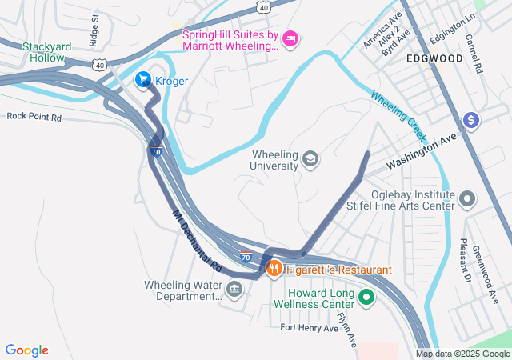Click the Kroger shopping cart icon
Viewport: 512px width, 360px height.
[x=143, y=79]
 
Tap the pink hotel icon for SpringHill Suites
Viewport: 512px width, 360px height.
[x=290, y=38]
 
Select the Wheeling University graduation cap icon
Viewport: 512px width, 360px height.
[x=310, y=160]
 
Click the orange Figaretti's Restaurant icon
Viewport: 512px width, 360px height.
[x=274, y=270]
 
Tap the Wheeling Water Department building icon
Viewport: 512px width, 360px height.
[x=234, y=289]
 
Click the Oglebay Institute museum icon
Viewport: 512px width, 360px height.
[x=467, y=198]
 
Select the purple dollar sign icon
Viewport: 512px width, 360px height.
[x=472, y=120]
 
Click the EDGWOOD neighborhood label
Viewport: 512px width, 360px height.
[x=434, y=59]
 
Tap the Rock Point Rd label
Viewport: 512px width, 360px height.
[x=34, y=116]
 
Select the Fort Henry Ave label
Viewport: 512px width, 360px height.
[x=309, y=327]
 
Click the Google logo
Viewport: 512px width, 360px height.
[x=27, y=350]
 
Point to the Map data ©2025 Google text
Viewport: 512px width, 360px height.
[x=462, y=354]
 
